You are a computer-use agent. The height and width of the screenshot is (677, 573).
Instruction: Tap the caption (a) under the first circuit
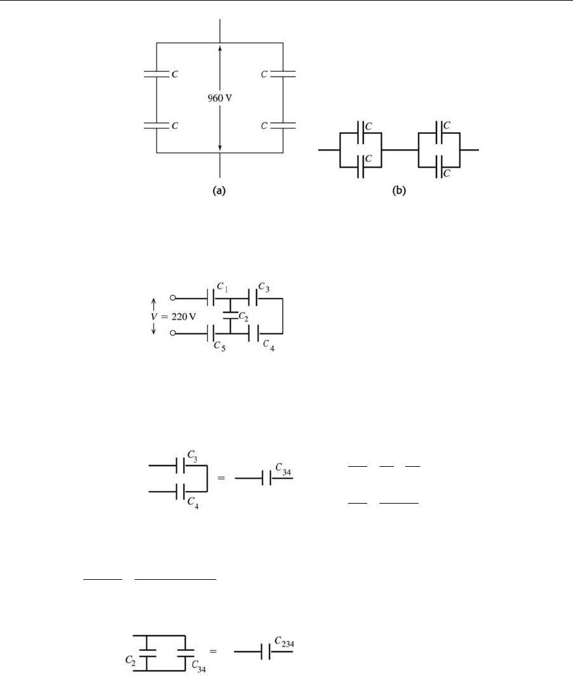tap(220, 192)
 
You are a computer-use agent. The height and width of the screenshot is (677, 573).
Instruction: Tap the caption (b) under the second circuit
tap(399, 192)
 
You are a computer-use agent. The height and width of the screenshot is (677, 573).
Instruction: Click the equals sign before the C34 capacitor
tap(221, 478)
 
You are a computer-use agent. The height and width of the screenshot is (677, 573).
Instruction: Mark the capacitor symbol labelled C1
tap(212, 297)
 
